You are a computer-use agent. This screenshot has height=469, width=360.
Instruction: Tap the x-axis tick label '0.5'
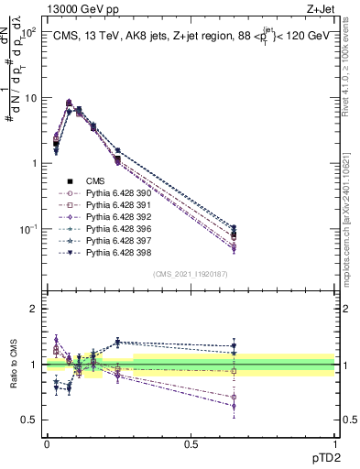(191, 442)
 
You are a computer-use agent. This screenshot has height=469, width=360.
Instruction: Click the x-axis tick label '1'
(334, 442)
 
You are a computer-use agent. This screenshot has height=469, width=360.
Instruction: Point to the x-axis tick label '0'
(47, 442)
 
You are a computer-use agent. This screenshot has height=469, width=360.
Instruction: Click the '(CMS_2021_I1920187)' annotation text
(191, 272)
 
